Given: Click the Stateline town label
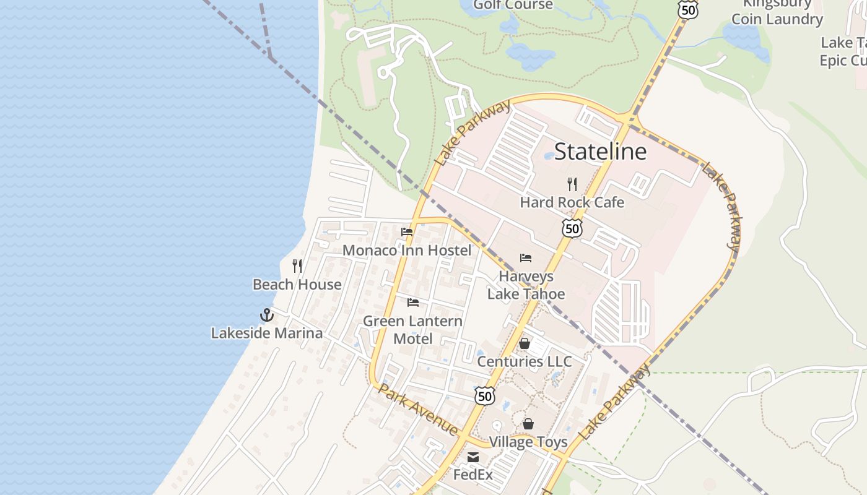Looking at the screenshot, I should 600,152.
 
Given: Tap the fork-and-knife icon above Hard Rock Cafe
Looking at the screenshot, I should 572,184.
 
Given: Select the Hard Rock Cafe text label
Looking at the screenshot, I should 572,202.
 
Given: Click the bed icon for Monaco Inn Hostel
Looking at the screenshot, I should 407,232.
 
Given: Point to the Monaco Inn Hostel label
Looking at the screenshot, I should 407,251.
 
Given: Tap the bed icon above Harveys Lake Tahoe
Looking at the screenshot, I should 526,258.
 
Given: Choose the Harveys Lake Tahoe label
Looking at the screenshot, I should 526,285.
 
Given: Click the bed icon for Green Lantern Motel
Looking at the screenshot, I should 413,303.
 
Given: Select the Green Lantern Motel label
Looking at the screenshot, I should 412,330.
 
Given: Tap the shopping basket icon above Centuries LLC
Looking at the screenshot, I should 525,343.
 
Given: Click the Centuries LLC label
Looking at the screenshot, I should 525,361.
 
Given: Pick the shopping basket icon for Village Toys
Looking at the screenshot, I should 528,424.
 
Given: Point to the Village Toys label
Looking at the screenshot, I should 528,442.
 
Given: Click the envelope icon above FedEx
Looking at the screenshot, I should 473,457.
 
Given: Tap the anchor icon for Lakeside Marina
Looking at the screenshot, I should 266,315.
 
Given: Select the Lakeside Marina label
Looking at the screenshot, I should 266,333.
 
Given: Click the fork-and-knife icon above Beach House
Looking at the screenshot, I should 297,266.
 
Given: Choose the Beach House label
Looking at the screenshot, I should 297,285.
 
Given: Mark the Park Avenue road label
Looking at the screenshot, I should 418,410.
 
